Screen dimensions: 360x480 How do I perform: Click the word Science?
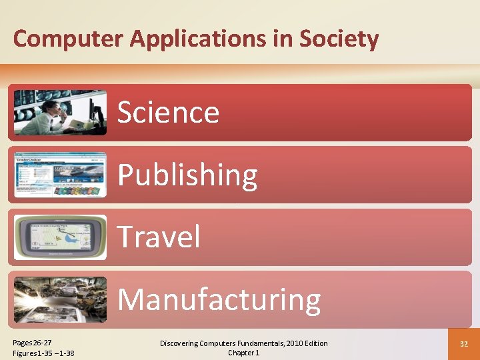click(169, 112)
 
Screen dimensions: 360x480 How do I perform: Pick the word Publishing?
click(187, 175)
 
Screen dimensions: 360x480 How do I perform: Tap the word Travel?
click(159, 237)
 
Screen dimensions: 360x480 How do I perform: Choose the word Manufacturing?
click(219, 299)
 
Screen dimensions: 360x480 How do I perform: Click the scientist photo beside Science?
click(60, 112)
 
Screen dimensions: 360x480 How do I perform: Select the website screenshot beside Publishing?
click(60, 175)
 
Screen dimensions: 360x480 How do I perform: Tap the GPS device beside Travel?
click(60, 237)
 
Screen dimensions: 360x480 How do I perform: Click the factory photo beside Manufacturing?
click(60, 299)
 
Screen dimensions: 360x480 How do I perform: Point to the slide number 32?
click(463, 344)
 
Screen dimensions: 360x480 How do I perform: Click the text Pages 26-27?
click(33, 342)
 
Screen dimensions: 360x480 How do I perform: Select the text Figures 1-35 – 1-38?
click(43, 353)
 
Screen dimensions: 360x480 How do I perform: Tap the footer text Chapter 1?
click(243, 353)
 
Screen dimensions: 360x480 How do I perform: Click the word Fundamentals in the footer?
click(257, 343)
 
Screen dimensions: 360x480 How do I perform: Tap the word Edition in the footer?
click(314, 343)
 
